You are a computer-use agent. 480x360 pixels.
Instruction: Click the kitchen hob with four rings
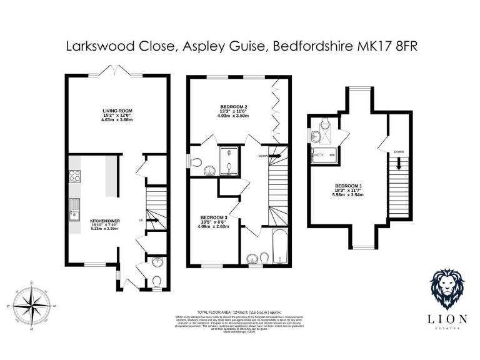pos(74,176)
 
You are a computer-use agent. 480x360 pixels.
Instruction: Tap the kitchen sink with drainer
pos(74,210)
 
